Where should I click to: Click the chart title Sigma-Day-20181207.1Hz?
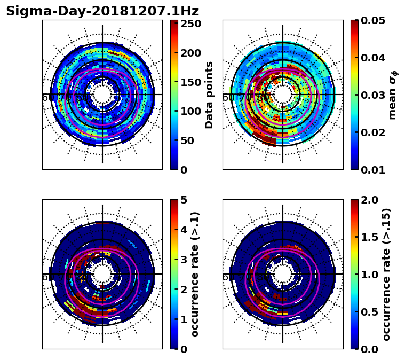(102, 11)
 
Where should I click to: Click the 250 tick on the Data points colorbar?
(190, 24)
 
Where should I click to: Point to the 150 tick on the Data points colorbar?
(190, 82)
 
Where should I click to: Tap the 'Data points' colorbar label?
(209, 95)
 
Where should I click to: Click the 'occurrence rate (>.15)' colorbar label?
(386, 274)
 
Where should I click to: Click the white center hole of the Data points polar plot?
(102, 95)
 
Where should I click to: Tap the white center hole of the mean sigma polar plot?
(283, 95)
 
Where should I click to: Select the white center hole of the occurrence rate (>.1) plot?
(102, 274)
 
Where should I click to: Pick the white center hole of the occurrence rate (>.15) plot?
(283, 274)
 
